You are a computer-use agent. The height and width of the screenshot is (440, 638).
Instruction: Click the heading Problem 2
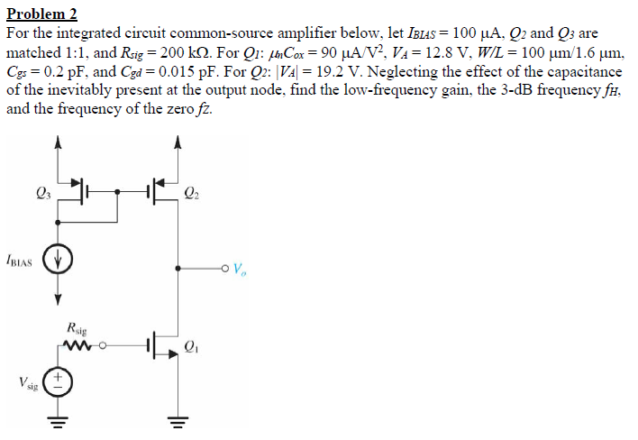42,14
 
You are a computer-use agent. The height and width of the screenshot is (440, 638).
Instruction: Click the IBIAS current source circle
59,261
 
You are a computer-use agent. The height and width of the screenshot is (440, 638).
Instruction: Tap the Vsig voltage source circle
59,380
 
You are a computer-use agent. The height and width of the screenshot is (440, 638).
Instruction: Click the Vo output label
239,268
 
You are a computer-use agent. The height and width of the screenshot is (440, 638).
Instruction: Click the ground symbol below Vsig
59,422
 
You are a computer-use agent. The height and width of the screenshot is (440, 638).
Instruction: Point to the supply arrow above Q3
59,142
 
